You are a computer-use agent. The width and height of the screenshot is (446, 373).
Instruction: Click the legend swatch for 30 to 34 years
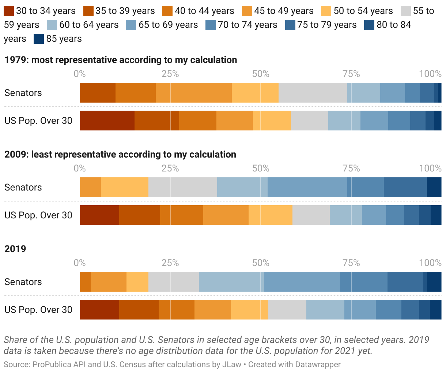pyautogui.click(x=9, y=11)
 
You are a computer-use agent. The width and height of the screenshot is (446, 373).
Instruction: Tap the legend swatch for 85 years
pyautogui.click(x=39, y=39)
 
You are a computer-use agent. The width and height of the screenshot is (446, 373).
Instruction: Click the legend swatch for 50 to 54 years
pyautogui.click(x=326, y=11)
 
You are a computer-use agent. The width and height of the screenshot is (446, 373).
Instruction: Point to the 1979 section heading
pyautogui.click(x=121, y=60)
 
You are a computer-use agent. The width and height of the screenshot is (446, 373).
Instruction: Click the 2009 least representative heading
pyautogui.click(x=120, y=154)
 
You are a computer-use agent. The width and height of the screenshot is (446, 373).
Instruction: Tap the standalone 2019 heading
pyautogui.click(x=15, y=249)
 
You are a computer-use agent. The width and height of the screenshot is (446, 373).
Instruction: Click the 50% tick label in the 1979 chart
pyautogui.click(x=261, y=74)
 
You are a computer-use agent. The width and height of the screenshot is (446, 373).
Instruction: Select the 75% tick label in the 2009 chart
pyautogui.click(x=351, y=169)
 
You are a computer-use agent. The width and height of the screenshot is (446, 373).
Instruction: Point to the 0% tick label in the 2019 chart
pyautogui.click(x=80, y=263)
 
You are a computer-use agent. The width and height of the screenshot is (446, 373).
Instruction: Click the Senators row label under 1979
pyautogui.click(x=23, y=93)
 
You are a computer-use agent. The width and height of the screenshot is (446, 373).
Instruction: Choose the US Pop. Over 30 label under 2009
pyautogui.click(x=38, y=215)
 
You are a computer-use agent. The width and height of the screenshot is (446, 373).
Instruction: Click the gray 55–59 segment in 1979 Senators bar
pyautogui.click(x=313, y=93)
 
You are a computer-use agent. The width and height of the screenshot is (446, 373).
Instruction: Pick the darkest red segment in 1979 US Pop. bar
pyautogui.click(x=107, y=121)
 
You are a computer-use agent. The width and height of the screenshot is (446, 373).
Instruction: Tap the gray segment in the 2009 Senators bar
pyautogui.click(x=183, y=187)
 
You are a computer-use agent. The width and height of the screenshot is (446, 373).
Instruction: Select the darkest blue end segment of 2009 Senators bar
pyautogui.click(x=434, y=187)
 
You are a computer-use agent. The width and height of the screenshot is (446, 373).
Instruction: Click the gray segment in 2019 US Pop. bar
pyautogui.click(x=287, y=310)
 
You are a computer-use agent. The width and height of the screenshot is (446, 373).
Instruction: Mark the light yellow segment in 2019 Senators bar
pyautogui.click(x=137, y=282)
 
